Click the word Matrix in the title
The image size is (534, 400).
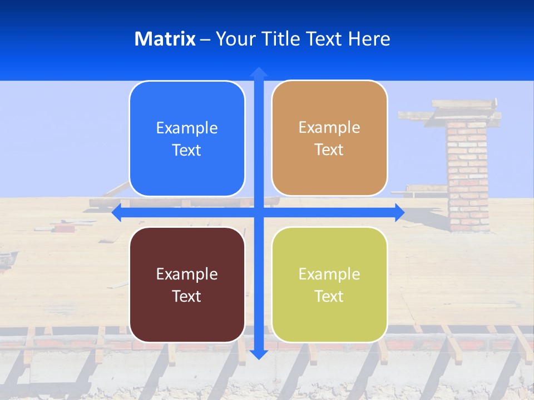tap(165, 39)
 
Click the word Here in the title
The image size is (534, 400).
tap(369, 39)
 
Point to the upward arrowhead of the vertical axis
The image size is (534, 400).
tap(259, 72)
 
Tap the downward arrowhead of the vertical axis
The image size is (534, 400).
tap(259, 354)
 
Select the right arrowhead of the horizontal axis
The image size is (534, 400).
tap(399, 212)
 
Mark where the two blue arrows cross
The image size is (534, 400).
tap(259, 212)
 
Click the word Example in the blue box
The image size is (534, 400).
tap(187, 128)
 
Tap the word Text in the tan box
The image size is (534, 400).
tap(329, 150)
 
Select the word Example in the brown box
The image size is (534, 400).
tap(187, 274)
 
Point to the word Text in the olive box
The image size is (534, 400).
tap(329, 296)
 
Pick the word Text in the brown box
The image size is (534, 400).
tap(187, 296)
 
